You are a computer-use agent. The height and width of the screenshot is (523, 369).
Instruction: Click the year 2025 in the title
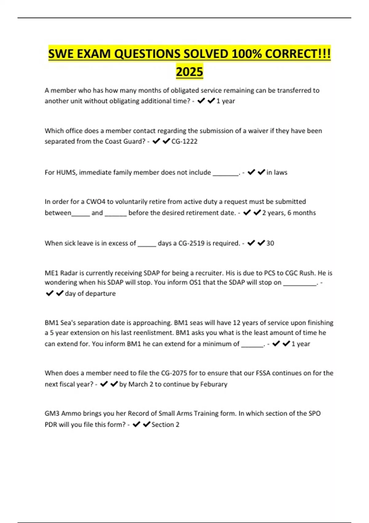[189, 72]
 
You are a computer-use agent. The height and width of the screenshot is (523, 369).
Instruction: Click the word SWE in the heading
[61, 54]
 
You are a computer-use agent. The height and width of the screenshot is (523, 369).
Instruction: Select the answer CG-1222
[184, 142]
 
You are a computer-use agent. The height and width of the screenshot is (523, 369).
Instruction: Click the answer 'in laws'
[277, 173]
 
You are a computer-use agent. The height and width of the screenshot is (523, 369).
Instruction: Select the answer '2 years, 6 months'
[289, 213]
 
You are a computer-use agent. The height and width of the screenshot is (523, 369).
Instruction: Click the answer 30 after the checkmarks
[270, 243]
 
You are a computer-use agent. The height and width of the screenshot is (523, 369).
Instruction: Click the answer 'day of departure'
[90, 294]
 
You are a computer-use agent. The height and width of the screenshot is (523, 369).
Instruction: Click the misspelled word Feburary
[214, 384]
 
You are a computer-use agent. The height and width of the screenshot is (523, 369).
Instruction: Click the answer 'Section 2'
[165, 425]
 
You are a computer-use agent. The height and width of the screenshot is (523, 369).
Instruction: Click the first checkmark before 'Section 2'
[137, 425]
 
